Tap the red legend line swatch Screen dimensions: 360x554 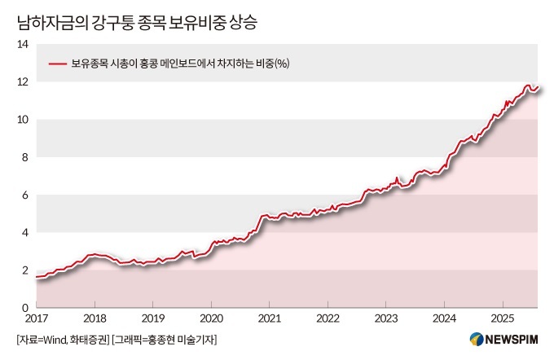pyautogui.click(x=58, y=64)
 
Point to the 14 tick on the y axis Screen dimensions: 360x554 pyautogui.click(x=23, y=44)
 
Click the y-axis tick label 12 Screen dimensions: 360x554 pyautogui.click(x=23, y=82)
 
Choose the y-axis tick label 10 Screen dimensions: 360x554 pyautogui.click(x=23, y=120)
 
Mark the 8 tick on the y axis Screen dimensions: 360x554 pyautogui.click(x=26, y=157)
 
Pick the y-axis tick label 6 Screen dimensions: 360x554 pyautogui.click(x=26, y=195)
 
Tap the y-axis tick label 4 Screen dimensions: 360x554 pyautogui.click(x=26, y=233)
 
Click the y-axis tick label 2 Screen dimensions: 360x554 pyautogui.click(x=26, y=270)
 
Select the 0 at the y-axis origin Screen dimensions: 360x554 pyautogui.click(x=26, y=308)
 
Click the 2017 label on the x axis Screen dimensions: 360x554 pyautogui.click(x=37, y=318)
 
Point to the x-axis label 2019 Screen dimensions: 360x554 pyautogui.click(x=154, y=318)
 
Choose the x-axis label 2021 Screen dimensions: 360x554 pyautogui.click(x=270, y=318)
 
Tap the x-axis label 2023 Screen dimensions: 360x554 pyautogui.click(x=386, y=318)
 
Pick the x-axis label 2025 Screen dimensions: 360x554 pyautogui.click(x=503, y=318)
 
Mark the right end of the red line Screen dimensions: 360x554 pyautogui.click(x=539, y=86)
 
